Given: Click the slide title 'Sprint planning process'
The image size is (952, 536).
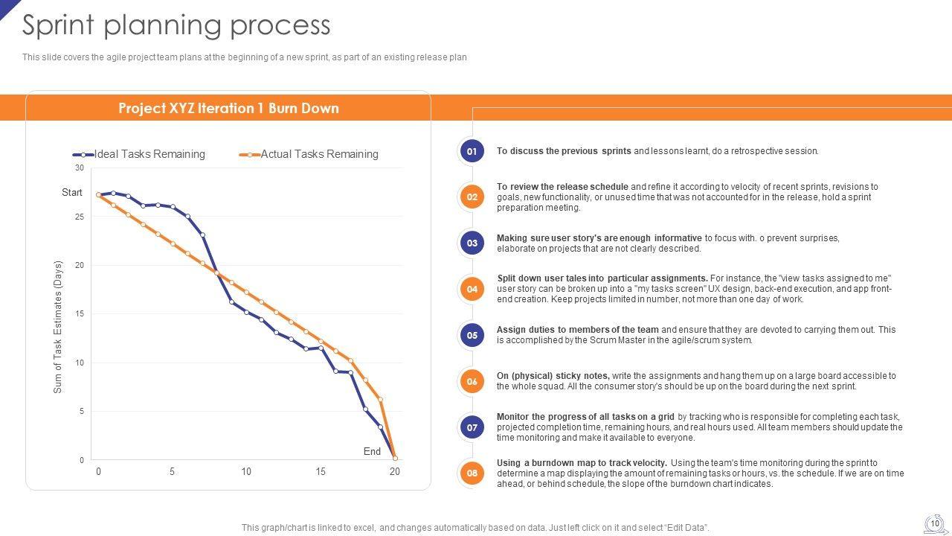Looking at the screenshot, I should [176, 25].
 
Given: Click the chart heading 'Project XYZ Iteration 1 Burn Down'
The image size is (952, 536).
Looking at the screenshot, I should [228, 108].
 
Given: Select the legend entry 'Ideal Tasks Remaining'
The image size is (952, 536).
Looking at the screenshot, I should [149, 154].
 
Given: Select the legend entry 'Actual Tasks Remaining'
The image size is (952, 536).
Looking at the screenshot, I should [319, 154].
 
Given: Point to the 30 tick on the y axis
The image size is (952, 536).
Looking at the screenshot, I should [80, 168].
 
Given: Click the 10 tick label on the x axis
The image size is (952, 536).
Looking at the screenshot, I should [246, 471].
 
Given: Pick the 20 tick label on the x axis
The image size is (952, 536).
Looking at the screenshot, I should [394, 471].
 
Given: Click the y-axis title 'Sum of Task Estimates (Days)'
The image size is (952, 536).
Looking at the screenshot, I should [59, 326].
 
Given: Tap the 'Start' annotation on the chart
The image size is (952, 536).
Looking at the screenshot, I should [72, 192].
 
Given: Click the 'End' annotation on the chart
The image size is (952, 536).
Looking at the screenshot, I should [372, 451].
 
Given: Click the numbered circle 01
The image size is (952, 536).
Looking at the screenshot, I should [472, 151].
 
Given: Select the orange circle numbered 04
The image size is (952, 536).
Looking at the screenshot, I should [472, 289].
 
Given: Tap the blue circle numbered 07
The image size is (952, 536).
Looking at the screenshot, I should [472, 427].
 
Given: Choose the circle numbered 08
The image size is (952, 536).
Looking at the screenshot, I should [472, 473].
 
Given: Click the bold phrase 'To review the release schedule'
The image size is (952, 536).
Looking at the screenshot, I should [563, 187].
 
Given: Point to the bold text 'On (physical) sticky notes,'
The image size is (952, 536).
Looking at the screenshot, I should [553, 376].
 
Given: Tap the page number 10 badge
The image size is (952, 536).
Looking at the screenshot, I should [935, 523].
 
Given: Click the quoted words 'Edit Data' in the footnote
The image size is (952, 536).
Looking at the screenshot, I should [684, 528].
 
